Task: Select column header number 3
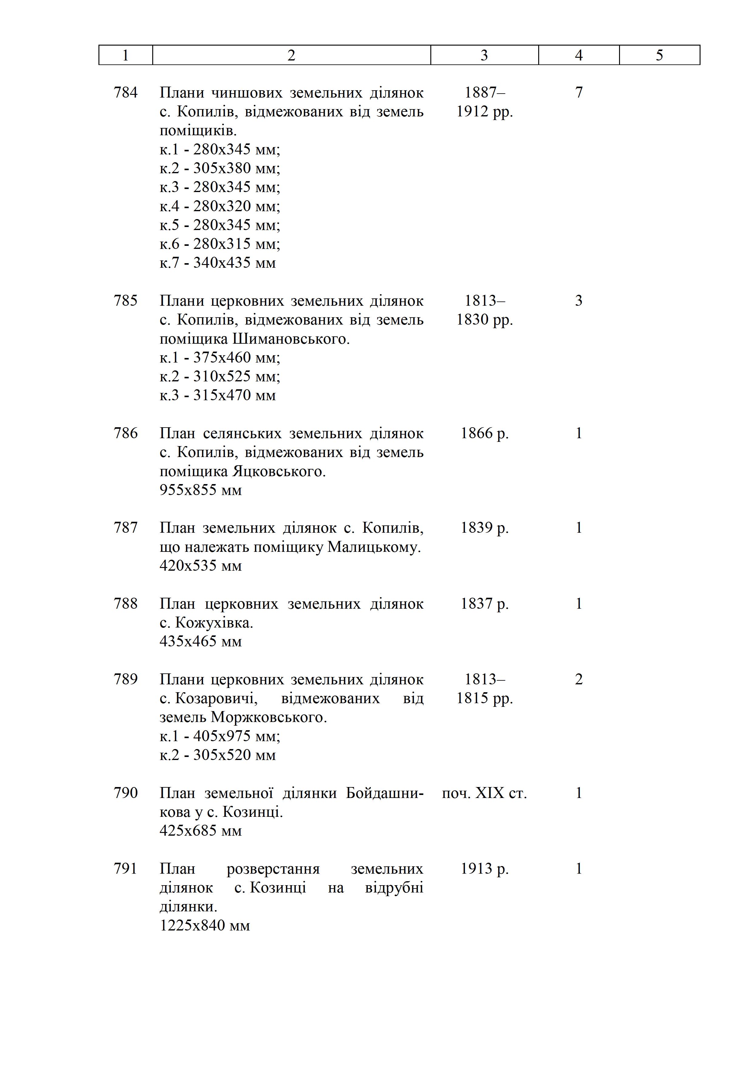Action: (484, 55)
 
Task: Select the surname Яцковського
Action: (279, 471)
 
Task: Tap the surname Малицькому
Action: (374, 547)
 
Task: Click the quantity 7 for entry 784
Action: (579, 92)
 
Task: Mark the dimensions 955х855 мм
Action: (201, 490)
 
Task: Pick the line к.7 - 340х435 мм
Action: (217, 263)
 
